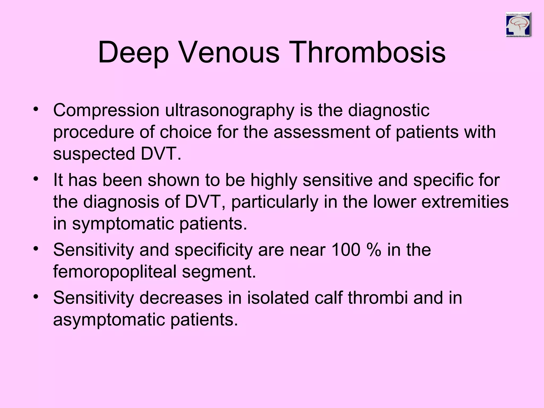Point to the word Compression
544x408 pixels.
(106, 110)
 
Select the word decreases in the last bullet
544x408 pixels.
(181, 297)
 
